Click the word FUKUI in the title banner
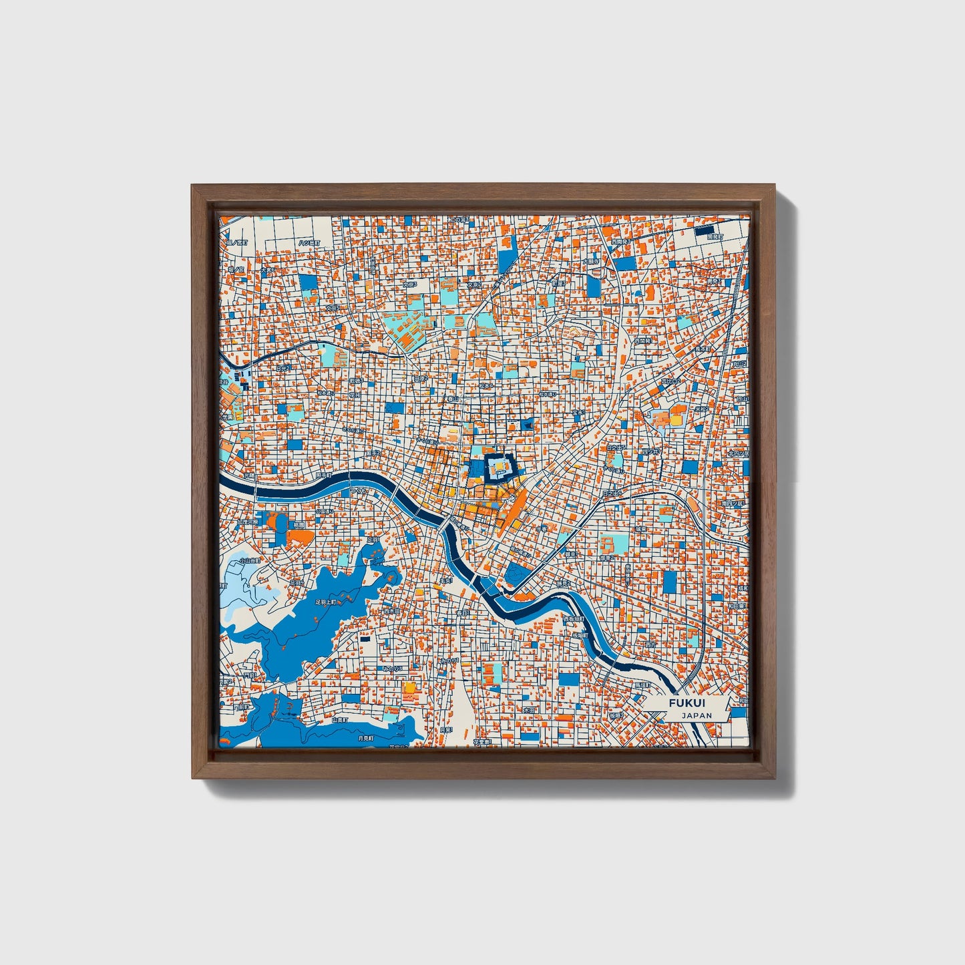(x=687, y=703)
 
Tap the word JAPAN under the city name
(x=697, y=715)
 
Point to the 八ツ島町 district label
(x=309, y=242)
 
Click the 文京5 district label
(x=332, y=309)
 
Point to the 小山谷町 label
(x=250, y=561)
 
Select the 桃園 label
(x=296, y=526)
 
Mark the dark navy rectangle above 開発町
(x=704, y=230)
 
